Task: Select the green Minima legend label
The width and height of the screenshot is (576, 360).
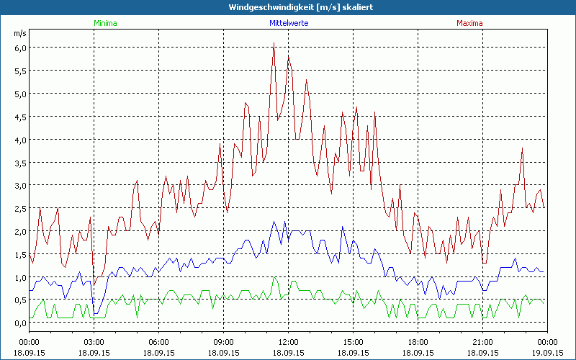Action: click(x=105, y=23)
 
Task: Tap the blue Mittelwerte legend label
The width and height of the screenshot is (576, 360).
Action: click(x=289, y=23)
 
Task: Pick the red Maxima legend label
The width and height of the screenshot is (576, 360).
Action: click(x=469, y=23)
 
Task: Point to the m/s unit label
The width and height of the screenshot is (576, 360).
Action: click(x=19, y=33)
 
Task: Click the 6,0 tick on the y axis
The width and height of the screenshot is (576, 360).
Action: click(x=20, y=48)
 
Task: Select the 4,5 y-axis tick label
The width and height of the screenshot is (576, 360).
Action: click(x=20, y=117)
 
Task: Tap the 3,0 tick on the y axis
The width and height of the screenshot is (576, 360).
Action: click(x=20, y=186)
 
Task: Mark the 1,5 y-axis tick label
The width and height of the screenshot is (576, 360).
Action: click(x=20, y=255)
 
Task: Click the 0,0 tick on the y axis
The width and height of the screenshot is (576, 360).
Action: click(x=20, y=324)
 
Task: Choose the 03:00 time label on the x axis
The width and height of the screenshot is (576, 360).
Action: click(x=94, y=342)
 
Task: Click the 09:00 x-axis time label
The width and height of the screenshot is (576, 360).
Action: click(x=224, y=342)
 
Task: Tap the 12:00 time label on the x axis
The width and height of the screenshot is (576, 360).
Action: click(x=289, y=342)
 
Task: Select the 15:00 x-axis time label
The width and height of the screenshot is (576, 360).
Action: click(x=354, y=342)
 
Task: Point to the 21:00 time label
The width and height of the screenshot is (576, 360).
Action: click(x=482, y=342)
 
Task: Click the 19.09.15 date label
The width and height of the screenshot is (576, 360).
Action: click(x=547, y=353)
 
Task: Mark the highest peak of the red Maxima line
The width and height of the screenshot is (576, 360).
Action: click(x=274, y=43)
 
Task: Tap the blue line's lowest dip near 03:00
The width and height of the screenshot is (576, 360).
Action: click(x=94, y=314)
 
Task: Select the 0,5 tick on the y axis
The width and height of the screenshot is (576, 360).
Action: click(x=20, y=301)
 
